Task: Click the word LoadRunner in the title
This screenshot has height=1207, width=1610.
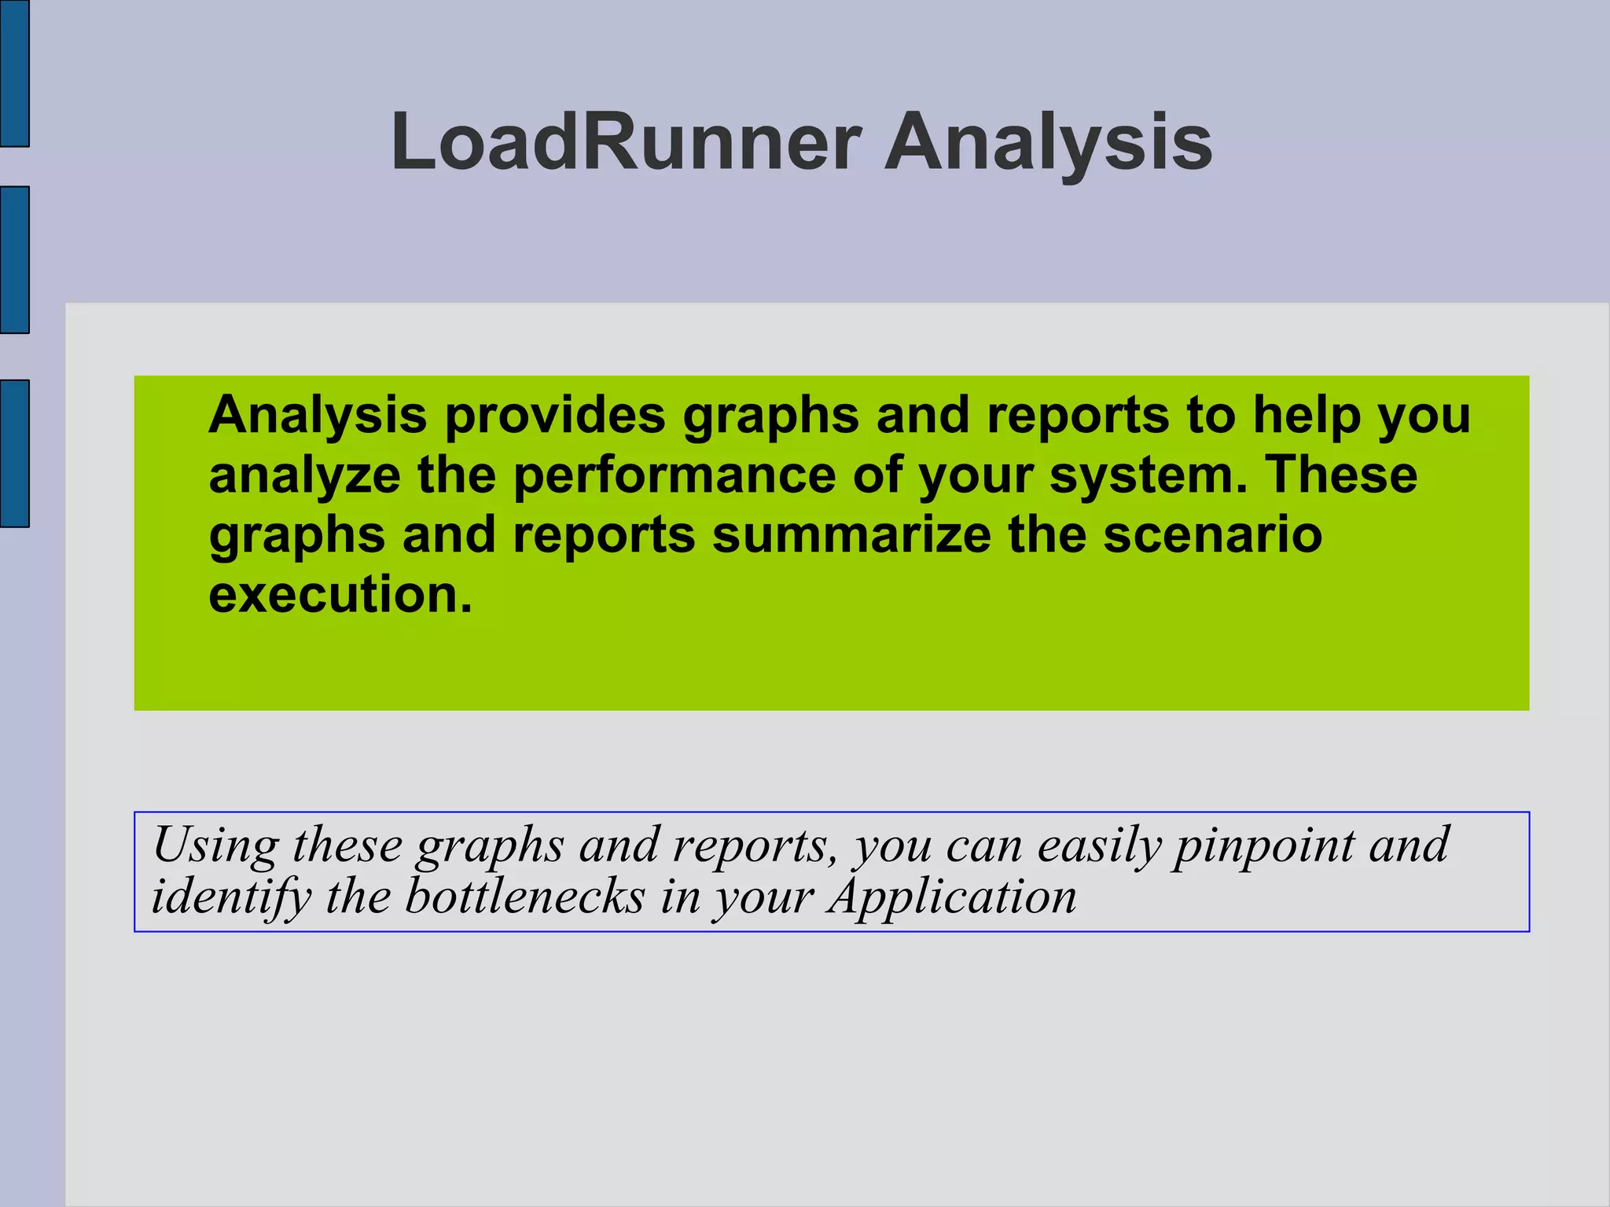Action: pyautogui.click(x=625, y=142)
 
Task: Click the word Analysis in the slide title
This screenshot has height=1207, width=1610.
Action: pyautogui.click(x=1048, y=142)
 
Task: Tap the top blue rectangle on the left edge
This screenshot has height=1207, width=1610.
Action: pyautogui.click(x=14, y=73)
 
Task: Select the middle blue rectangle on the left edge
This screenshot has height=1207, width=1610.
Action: pyautogui.click(x=14, y=260)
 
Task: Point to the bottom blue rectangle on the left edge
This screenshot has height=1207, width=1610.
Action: pyautogui.click(x=14, y=453)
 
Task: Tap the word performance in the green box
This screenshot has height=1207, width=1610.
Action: pyautogui.click(x=675, y=475)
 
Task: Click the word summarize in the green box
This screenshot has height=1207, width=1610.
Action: pyautogui.click(x=851, y=534)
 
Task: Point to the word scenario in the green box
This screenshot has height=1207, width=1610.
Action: pyautogui.click(x=1212, y=534)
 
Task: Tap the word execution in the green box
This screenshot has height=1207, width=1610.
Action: pyautogui.click(x=340, y=594)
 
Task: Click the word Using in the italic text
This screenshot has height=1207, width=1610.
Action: pyautogui.click(x=215, y=846)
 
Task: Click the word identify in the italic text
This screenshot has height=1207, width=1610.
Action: pyautogui.click(x=231, y=897)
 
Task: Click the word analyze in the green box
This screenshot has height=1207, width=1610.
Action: pyautogui.click(x=305, y=476)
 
